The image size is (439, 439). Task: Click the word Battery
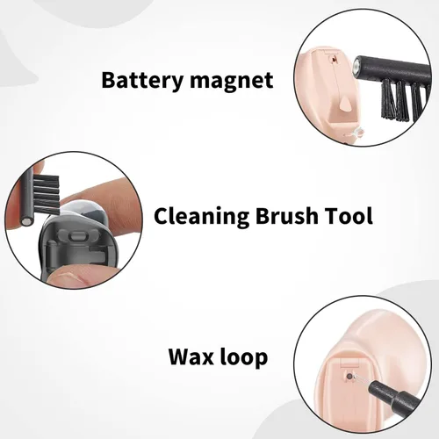[x=142, y=80]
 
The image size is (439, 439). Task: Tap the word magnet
[x=232, y=81]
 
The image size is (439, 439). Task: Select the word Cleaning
[x=201, y=217]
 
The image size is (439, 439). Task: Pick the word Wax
[x=191, y=356]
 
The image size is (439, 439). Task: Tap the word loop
[x=243, y=357]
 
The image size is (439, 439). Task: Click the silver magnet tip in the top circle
[x=356, y=65]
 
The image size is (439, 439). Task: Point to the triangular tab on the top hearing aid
[x=346, y=105]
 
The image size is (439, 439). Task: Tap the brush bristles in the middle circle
[x=47, y=193]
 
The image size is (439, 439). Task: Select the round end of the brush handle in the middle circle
[x=26, y=220]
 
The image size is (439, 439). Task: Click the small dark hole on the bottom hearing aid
[x=349, y=376]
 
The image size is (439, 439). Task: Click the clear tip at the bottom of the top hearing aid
[x=359, y=133]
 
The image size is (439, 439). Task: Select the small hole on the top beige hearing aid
[x=333, y=60]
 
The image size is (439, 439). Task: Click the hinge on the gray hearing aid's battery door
[x=52, y=252]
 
